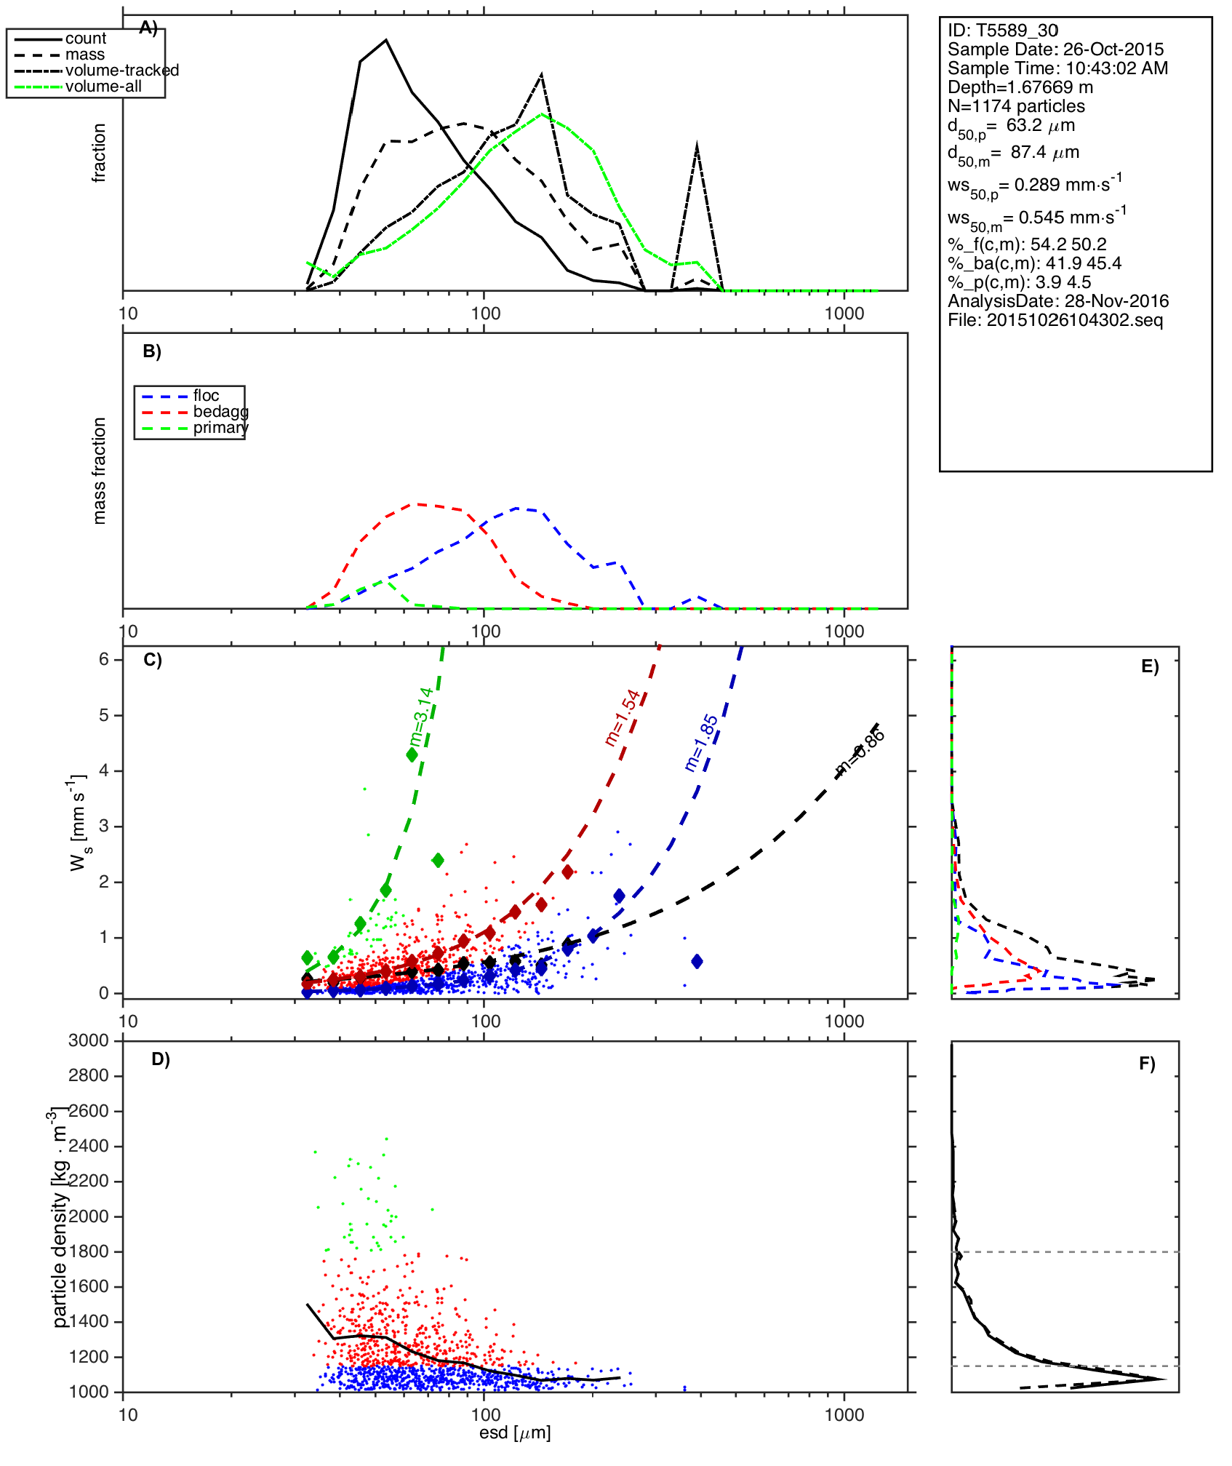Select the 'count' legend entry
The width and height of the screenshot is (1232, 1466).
pyautogui.click(x=85, y=39)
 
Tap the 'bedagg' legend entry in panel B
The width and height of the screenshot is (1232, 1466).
pyautogui.click(x=220, y=412)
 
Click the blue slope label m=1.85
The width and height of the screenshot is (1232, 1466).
pyautogui.click(x=701, y=743)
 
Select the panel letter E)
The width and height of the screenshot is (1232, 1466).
pyautogui.click(x=1150, y=667)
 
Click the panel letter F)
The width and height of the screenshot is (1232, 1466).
pyautogui.click(x=1147, y=1064)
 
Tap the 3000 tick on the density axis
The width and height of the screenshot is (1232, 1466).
pyautogui.click(x=89, y=1040)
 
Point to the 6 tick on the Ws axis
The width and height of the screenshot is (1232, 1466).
pyautogui.click(x=104, y=659)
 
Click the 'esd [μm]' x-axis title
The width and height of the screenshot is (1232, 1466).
pyautogui.click(x=515, y=1433)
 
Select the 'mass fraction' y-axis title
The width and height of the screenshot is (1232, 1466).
pyautogui.click(x=100, y=471)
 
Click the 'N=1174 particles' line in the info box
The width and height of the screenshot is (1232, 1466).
pyautogui.click(x=1016, y=106)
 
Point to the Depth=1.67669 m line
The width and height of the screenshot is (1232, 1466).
pyautogui.click(x=1020, y=87)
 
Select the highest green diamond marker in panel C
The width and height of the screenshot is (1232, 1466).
pyautogui.click(x=412, y=755)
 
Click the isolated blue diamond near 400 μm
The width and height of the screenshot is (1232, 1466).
pyautogui.click(x=697, y=962)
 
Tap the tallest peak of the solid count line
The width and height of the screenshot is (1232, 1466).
pyautogui.click(x=386, y=40)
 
